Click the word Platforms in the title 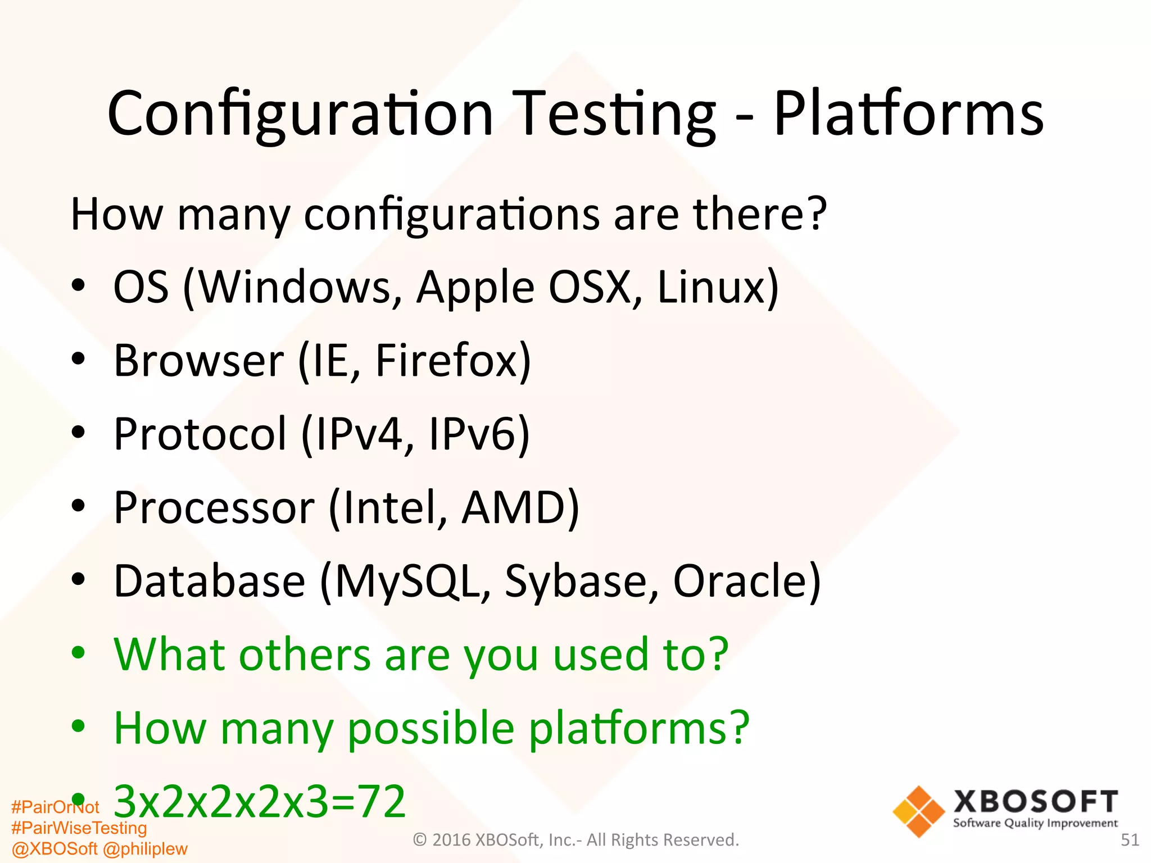908,114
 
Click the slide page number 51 1130,840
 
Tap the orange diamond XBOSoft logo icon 918,811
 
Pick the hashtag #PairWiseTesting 79,828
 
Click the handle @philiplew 145,848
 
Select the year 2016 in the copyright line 452,840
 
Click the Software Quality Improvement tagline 1035,823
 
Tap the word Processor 214,507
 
